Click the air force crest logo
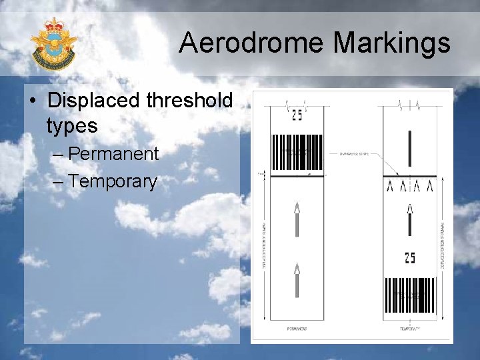point(54,45)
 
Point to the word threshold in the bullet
point(193,101)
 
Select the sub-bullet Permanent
point(113,154)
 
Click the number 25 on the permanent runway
point(297,115)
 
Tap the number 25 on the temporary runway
point(409,257)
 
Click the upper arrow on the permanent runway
point(297,218)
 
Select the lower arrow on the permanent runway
point(297,280)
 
